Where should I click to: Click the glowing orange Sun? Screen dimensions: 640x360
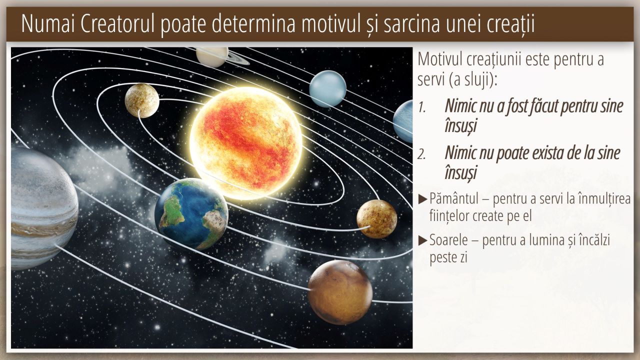(246, 143)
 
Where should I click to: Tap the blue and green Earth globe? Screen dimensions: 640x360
(191, 214)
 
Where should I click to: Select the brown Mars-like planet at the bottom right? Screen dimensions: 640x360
(340, 292)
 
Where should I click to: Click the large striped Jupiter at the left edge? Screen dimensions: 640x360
(43, 208)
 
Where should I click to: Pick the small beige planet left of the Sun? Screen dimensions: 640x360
(142, 100)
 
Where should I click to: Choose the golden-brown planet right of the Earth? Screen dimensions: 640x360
(377, 219)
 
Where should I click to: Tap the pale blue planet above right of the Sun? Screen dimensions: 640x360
(327, 89)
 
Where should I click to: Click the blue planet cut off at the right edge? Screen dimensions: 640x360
(403, 121)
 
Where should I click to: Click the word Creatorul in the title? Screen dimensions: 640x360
(117, 24)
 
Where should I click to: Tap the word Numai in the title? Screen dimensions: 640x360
(48, 24)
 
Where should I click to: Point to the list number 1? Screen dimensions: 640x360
(422, 107)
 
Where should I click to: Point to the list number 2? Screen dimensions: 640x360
(421, 154)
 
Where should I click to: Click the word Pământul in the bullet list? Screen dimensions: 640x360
(454, 198)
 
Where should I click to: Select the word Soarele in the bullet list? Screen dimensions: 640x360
(448, 240)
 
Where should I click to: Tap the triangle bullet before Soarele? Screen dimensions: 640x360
(423, 240)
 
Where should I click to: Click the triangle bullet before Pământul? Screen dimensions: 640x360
(423, 199)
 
